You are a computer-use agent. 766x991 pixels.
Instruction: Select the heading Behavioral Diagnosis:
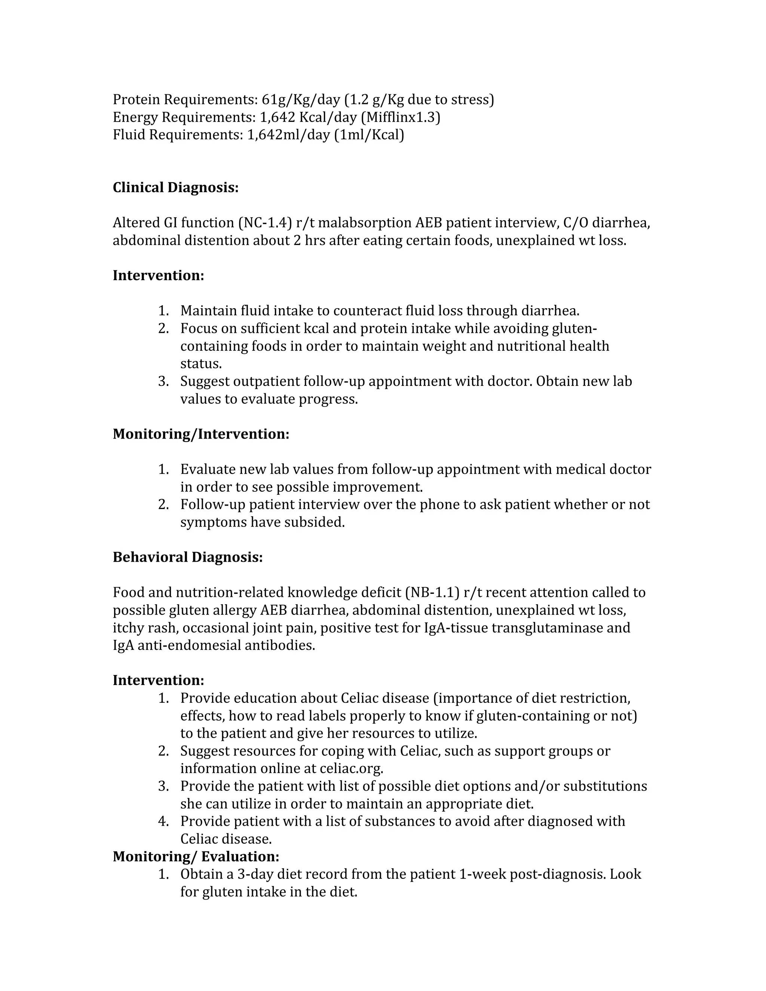pyautogui.click(x=187, y=557)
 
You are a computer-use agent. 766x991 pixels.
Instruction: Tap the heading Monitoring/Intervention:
pyautogui.click(x=200, y=434)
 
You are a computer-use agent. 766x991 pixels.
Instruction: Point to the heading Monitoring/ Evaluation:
pyautogui.click(x=196, y=856)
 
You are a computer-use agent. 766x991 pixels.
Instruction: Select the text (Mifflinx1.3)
pyautogui.click(x=400, y=117)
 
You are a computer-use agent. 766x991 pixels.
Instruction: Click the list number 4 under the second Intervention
pyautogui.click(x=163, y=821)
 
